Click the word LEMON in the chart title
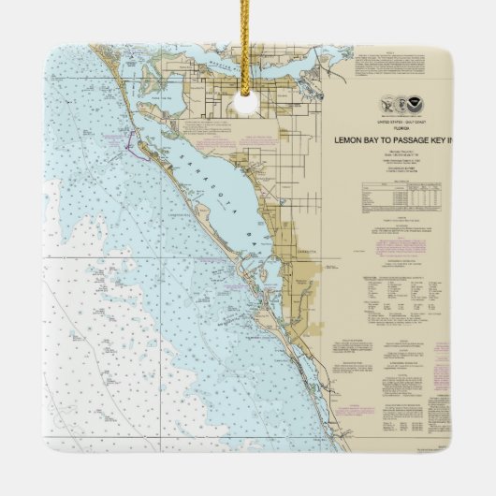click(x=351, y=139)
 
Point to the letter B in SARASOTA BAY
click(x=248, y=228)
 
